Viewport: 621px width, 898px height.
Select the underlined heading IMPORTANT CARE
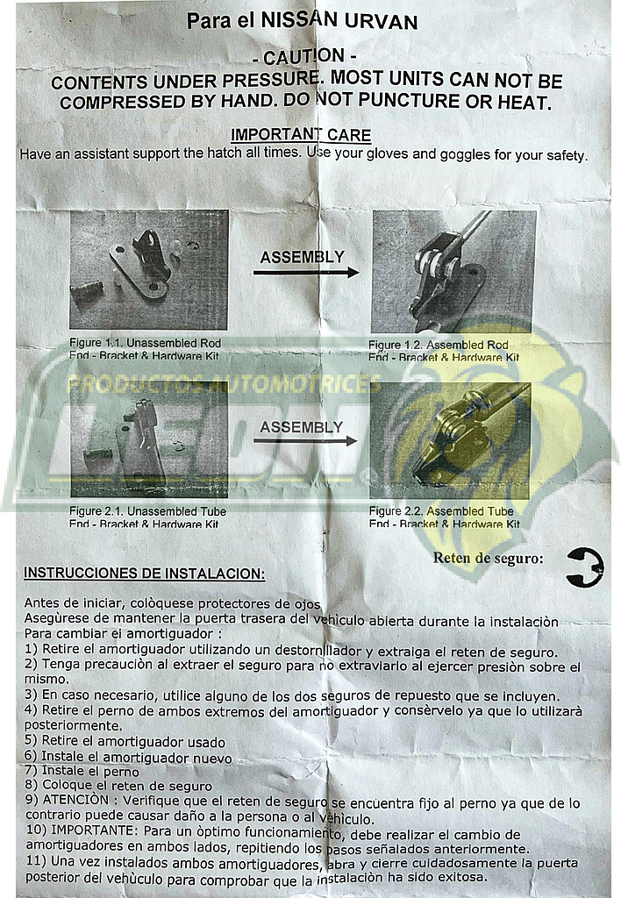(300, 135)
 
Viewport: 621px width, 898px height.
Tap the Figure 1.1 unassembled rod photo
(148, 269)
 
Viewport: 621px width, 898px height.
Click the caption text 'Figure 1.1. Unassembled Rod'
(145, 342)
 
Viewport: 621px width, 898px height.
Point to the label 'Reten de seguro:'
(488, 558)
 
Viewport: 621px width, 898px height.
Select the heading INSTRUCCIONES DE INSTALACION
(144, 573)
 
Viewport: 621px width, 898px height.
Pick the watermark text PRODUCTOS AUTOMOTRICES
(225, 384)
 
